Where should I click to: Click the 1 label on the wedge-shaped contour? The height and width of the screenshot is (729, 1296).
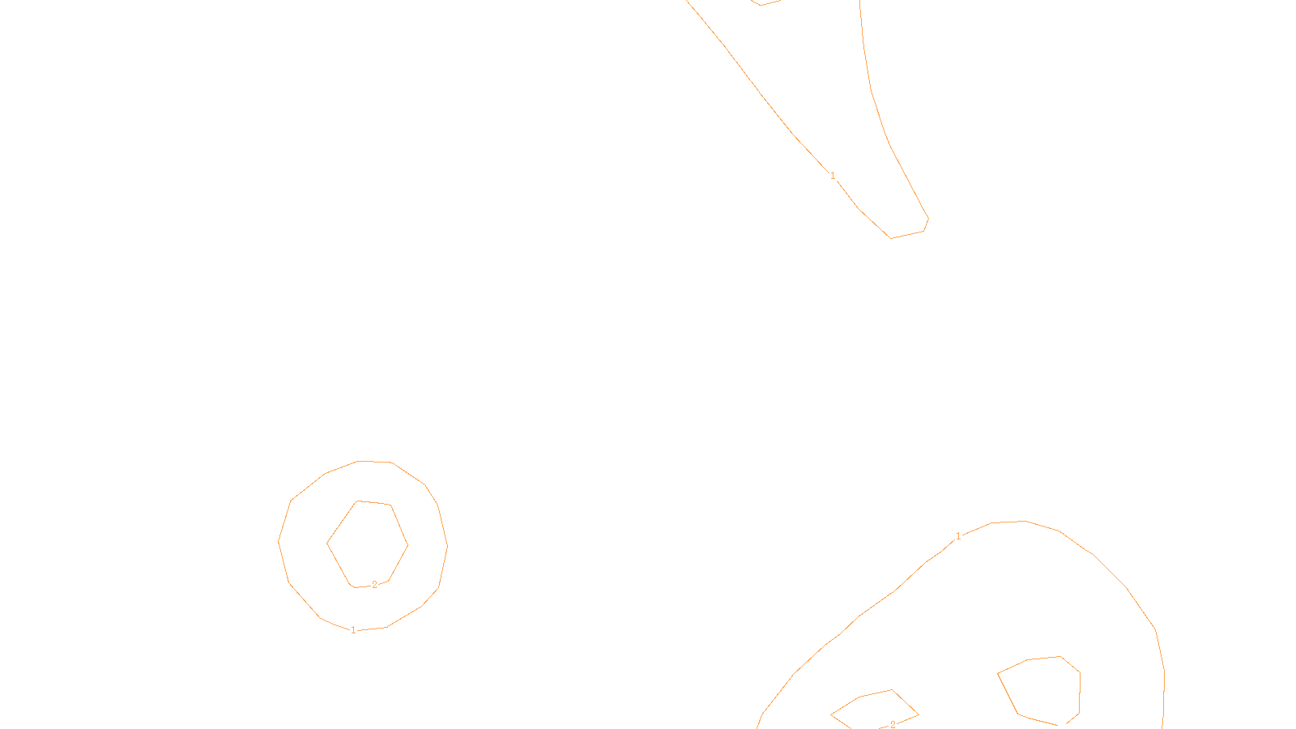coord(833,176)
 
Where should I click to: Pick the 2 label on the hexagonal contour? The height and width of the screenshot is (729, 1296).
coord(374,585)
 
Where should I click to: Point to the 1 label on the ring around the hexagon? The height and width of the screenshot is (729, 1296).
coord(353,630)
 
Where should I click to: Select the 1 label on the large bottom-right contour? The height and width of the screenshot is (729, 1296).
coord(958,536)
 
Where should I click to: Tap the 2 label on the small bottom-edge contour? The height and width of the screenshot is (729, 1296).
coord(893,724)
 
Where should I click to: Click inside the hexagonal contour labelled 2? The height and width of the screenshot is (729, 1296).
coord(367,543)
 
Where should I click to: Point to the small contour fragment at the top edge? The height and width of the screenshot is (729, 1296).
coord(765,2)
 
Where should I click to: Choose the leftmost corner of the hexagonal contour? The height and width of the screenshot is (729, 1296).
coord(327,544)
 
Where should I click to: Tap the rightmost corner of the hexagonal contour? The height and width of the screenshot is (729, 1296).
coord(407,544)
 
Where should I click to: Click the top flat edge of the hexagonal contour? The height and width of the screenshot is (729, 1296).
coord(374,503)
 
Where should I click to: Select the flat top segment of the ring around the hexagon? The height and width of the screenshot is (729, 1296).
coord(374,462)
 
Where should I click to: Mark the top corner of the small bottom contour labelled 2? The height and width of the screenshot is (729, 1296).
coord(892,690)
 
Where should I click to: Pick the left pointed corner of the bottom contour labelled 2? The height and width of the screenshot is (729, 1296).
coord(832,714)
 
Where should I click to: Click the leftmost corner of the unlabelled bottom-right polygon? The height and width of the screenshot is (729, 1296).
coord(998,673)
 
